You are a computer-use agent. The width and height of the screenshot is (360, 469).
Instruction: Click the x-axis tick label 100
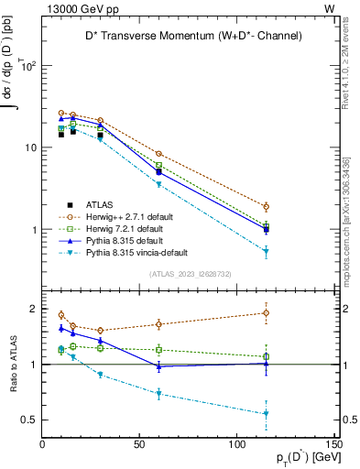click(237, 446)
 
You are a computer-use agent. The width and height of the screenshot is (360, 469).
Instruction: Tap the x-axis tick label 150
click(334, 446)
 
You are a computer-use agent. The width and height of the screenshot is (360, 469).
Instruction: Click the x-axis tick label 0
click(43, 446)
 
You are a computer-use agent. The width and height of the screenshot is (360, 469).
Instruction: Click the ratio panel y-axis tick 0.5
click(30, 420)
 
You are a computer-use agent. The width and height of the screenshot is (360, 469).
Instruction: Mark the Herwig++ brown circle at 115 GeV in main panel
click(266, 206)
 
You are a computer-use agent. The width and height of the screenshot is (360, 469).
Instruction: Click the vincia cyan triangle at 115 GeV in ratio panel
click(266, 414)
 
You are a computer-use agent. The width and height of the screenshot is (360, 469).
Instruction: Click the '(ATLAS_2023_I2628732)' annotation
click(190, 273)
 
